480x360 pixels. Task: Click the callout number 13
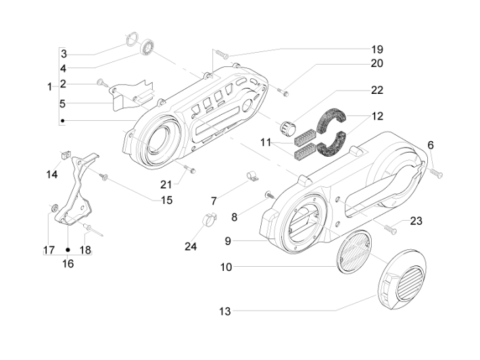pyautogui.click(x=225, y=311)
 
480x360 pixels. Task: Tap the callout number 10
pyautogui.click(x=226, y=267)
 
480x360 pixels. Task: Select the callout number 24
pyautogui.click(x=191, y=247)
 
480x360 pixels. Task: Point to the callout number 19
pyautogui.click(x=377, y=49)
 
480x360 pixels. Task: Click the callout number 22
pyautogui.click(x=377, y=90)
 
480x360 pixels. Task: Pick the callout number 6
pyautogui.click(x=431, y=145)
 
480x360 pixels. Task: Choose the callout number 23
pyautogui.click(x=416, y=220)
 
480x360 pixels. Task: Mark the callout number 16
pyautogui.click(x=68, y=263)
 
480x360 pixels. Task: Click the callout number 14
pyautogui.click(x=53, y=174)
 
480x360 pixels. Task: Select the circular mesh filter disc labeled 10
pyautogui.click(x=354, y=249)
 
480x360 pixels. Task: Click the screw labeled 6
pyautogui.click(x=435, y=173)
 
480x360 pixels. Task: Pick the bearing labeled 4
pyautogui.click(x=148, y=48)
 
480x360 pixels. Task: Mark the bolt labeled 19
pyautogui.click(x=224, y=53)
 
